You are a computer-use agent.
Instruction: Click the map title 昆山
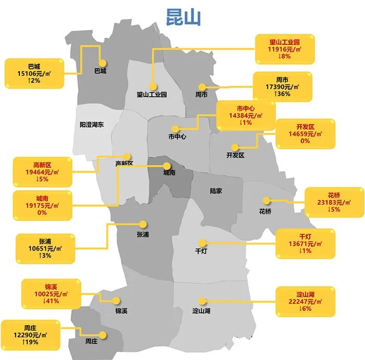pyautogui.click(x=181, y=17)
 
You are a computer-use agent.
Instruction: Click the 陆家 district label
pyautogui.click(x=216, y=191)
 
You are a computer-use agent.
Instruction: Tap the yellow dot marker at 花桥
pyautogui.click(x=266, y=200)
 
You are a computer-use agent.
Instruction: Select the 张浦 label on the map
pyautogui.click(x=142, y=235)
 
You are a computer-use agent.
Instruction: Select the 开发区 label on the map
pyautogui.click(x=235, y=155)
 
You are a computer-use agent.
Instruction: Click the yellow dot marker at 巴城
pyautogui.click(x=102, y=62)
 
